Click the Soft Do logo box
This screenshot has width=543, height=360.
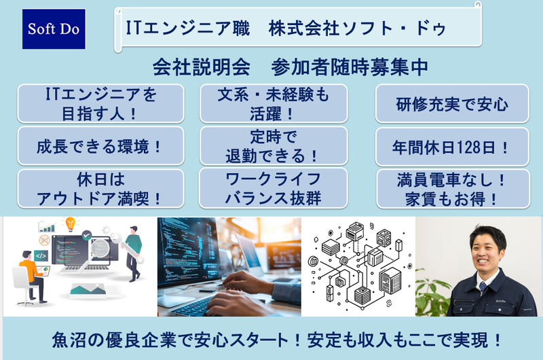click(x=54, y=29)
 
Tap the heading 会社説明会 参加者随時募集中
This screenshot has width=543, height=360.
click(x=290, y=68)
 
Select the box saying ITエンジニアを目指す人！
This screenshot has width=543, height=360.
click(x=100, y=103)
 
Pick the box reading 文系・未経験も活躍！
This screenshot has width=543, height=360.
click(x=273, y=103)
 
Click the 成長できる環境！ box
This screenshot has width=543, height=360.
click(x=100, y=145)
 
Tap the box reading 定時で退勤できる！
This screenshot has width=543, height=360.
click(x=273, y=145)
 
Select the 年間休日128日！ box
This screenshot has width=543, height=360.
click(x=452, y=145)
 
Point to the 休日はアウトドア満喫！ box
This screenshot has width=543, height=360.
click(x=100, y=188)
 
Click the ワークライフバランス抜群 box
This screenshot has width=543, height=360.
click(x=273, y=188)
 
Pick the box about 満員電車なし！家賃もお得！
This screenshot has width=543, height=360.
click(x=452, y=188)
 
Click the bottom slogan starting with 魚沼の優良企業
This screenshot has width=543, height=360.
click(x=271, y=339)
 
